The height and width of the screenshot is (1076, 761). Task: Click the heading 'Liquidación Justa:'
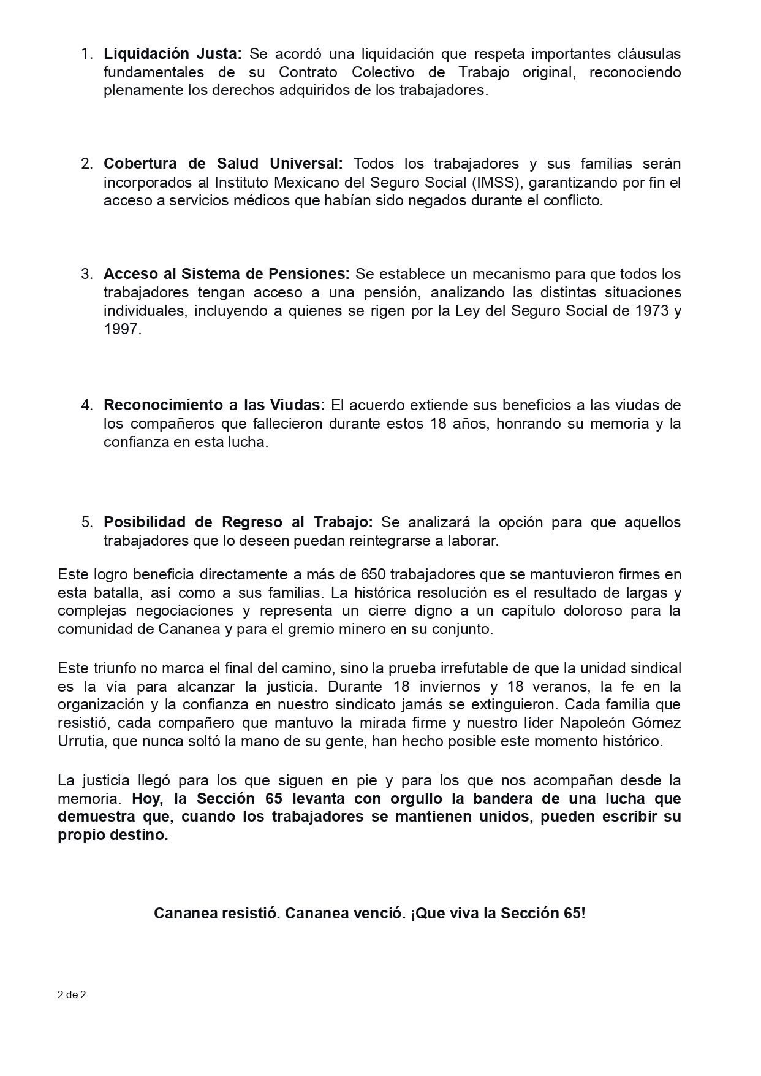pos(173,54)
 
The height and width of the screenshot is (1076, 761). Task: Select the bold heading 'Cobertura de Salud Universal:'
pos(223,164)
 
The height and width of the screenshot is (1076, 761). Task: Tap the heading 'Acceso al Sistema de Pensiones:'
pos(226,273)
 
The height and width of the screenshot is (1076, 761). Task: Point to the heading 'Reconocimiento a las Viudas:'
pos(214,405)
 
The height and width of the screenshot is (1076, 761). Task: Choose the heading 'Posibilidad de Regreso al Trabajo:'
pos(238,522)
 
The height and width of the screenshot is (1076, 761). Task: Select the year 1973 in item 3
pos(649,310)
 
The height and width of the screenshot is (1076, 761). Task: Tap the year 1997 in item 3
pos(121,329)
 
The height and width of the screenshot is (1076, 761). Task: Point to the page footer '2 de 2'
pos(72,995)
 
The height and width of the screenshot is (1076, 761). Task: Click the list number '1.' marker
pos(87,54)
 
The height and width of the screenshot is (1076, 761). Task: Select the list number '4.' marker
pos(87,405)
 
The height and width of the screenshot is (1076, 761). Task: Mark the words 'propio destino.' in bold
pos(113,835)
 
